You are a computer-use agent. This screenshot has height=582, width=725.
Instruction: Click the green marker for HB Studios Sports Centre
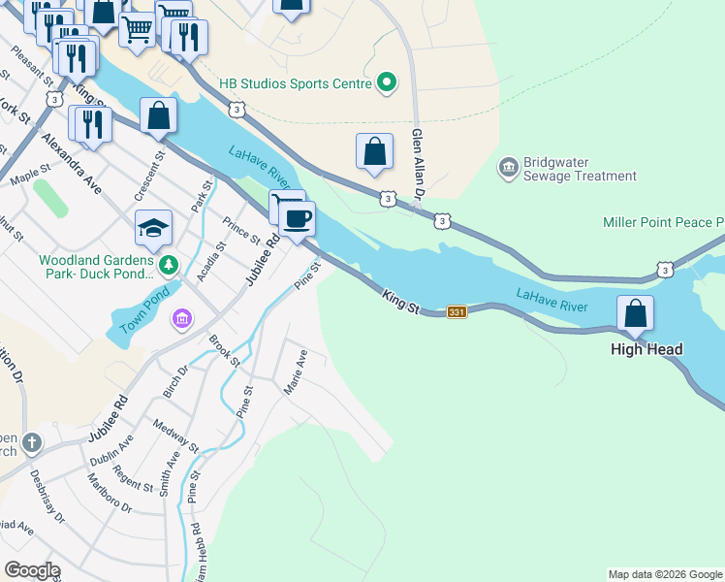pyautogui.click(x=387, y=83)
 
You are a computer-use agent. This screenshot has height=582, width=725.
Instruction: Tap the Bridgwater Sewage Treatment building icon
pyautogui.click(x=508, y=169)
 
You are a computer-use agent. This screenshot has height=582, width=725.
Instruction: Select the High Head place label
pyautogui.click(x=646, y=349)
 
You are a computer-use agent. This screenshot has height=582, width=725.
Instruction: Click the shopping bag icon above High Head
pyautogui.click(x=635, y=313)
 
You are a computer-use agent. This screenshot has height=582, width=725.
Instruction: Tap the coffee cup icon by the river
pyautogui.click(x=298, y=218)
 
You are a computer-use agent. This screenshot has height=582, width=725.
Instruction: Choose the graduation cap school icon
pyautogui.click(x=153, y=228)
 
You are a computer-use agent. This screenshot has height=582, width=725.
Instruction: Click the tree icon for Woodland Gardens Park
pyautogui.click(x=169, y=264)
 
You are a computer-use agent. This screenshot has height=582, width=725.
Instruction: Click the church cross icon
pyautogui.click(x=31, y=443)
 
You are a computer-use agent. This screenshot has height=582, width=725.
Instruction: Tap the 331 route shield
pyautogui.click(x=457, y=312)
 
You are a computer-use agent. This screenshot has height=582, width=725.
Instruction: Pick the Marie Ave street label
pyautogui.click(x=295, y=372)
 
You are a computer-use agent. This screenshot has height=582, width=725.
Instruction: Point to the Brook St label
pyautogui.click(x=225, y=350)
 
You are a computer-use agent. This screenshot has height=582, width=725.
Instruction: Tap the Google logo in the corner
pyautogui.click(x=33, y=569)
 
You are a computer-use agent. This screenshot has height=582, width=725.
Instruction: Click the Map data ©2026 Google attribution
pyautogui.click(x=665, y=574)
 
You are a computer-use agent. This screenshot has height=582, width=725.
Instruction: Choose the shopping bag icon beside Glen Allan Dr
pyautogui.click(x=374, y=151)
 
